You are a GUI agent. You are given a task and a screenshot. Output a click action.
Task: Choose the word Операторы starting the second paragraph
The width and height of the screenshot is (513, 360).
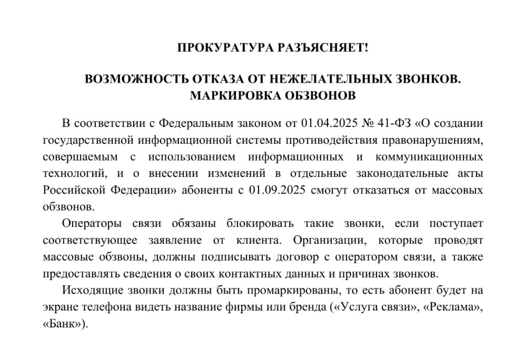pyautogui.click(x=92, y=224)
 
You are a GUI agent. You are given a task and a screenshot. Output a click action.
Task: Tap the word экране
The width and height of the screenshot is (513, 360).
pyautogui.click(x=58, y=307)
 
